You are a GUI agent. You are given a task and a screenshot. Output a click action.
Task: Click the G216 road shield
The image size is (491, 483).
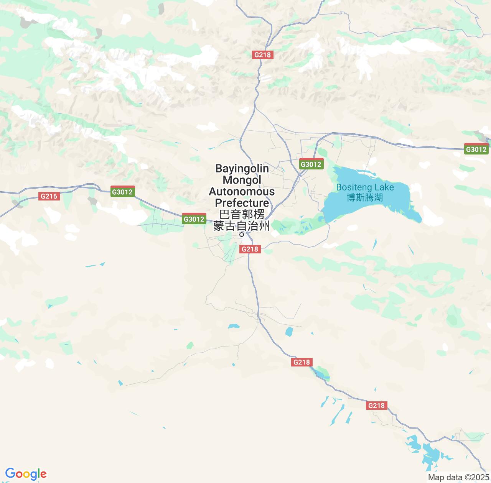pos(49,196)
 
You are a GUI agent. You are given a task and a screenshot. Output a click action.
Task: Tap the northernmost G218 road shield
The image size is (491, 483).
pos(262,55)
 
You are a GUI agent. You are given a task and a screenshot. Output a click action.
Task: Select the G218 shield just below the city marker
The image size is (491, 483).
pos(250,249)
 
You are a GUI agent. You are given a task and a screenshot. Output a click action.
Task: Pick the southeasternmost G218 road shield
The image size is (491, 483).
pos(376,406)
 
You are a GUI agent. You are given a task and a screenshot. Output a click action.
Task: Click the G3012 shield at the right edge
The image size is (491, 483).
pos(476,149)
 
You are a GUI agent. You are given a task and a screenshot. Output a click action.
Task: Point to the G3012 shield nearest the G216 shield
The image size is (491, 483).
pos(122,192)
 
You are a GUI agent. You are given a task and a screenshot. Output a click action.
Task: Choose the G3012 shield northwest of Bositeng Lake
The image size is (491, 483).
pos(311,164)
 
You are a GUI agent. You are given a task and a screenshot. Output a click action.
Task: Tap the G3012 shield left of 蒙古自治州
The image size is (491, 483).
pos(194,219)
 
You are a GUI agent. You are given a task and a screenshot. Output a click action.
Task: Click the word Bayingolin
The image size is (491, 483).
pos(242,168)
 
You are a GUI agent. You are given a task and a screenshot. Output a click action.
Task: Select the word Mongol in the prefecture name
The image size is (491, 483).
pos(242,180)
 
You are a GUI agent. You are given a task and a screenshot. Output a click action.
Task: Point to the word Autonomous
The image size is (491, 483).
pos(242,191)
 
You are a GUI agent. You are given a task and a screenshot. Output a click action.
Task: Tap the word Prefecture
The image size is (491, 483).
pos(242,202)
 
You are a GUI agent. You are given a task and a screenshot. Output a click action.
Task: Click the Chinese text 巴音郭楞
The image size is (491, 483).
pos(242,214)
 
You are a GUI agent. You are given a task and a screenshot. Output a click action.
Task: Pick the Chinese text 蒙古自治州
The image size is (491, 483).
pos(242,226)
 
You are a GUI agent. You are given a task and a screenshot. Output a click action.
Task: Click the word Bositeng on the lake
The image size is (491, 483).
pos(354,187)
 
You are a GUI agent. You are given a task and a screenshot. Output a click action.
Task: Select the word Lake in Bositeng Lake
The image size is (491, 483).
pos(385,187)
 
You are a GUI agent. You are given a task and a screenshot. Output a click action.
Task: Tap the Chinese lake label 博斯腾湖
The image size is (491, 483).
pos(365,198)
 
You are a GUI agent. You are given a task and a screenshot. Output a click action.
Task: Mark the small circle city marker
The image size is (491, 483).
pos(242,234)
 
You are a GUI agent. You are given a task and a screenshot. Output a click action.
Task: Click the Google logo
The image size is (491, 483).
pos(26,474)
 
